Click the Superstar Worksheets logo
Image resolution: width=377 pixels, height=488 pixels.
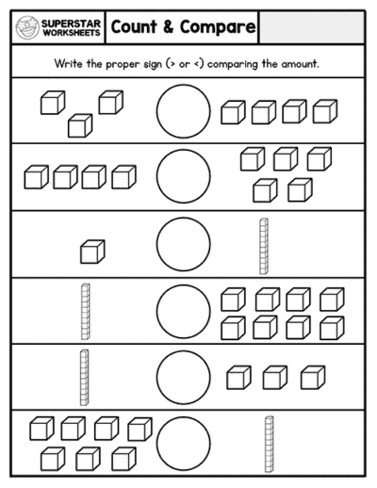pyautogui.click(x=58, y=28)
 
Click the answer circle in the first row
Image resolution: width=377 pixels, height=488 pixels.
pyautogui.click(x=183, y=110)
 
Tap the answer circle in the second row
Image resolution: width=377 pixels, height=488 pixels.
pyautogui.click(x=183, y=176)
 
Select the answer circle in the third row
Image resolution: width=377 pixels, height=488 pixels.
pyautogui.click(x=183, y=243)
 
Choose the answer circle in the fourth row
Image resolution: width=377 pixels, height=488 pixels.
pyautogui.click(x=183, y=310)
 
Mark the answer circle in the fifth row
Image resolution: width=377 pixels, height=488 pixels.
pyautogui.click(x=183, y=376)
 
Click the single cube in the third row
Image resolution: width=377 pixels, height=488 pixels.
pyautogui.click(x=92, y=252)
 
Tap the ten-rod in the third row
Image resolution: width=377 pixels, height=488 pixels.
pyautogui.click(x=264, y=246)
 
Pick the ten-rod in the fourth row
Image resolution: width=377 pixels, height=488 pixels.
pyautogui.click(x=87, y=311)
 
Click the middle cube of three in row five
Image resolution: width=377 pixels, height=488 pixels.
pyautogui.click(x=274, y=378)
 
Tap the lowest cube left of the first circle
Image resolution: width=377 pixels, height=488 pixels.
pyautogui.click(x=80, y=124)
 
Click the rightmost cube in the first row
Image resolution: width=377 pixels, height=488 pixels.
pyautogui.click(x=325, y=112)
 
